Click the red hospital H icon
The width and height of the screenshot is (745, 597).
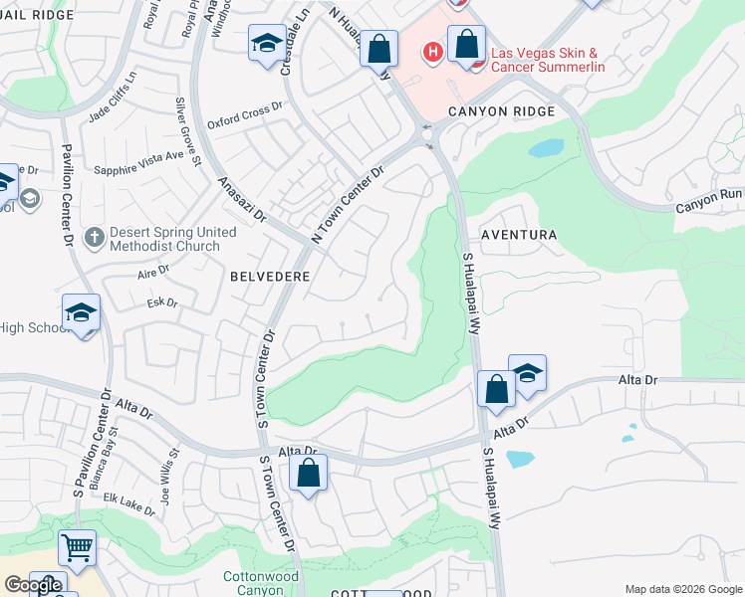tap(433, 51)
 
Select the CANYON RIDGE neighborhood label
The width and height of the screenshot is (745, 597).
tap(500, 111)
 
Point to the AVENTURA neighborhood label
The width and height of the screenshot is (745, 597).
tap(517, 234)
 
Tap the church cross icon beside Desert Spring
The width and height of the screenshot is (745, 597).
tap(95, 237)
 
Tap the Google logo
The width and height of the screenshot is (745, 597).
tap(32, 585)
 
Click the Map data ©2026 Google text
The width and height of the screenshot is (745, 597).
tap(683, 589)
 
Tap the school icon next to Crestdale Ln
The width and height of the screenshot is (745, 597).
tap(266, 45)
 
